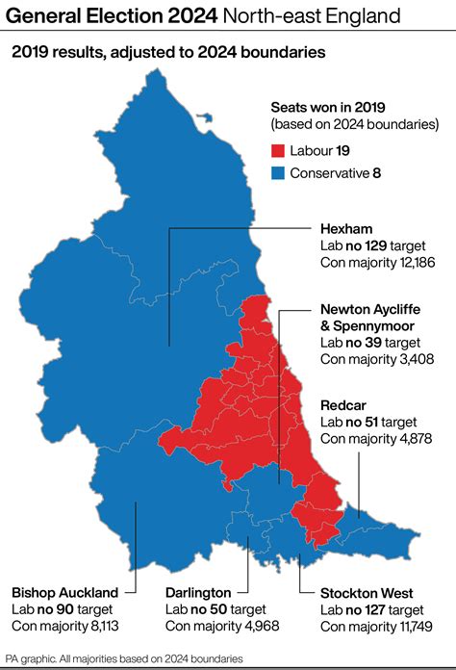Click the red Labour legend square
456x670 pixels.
pos(277,151)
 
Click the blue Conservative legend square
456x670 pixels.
pos(277,174)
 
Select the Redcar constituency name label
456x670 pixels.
pos(342,405)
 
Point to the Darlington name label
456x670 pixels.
pos(198,592)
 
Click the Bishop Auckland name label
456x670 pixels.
pos(65,592)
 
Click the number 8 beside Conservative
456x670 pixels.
pos(378,174)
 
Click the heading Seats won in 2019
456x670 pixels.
pos(330,108)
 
